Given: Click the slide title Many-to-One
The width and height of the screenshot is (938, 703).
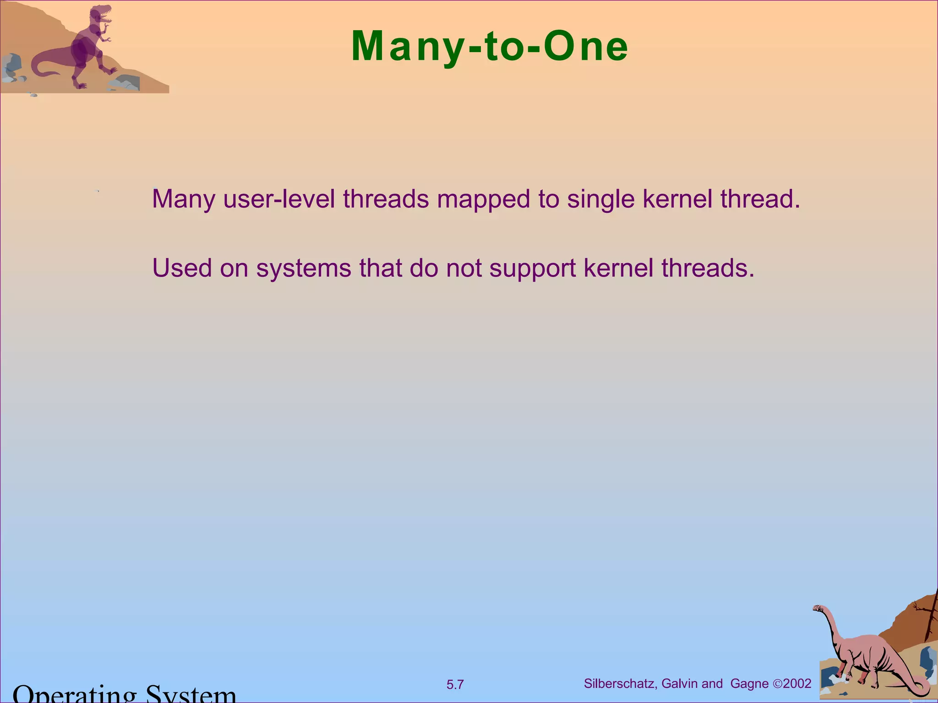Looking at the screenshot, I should (x=490, y=47).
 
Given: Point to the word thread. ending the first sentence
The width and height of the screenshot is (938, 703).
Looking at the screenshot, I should (x=760, y=199).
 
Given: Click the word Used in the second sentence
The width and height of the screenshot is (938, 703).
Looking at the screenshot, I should (x=182, y=268).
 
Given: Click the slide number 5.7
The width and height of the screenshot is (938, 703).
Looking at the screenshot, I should (x=455, y=685).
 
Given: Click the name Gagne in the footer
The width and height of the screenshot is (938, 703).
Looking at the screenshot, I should (x=749, y=684).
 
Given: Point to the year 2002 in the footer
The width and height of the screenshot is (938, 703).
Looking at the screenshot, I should (x=797, y=684).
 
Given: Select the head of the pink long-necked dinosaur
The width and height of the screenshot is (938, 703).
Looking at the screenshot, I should (x=818, y=609).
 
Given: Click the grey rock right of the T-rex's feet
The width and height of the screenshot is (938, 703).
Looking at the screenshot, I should (x=126, y=83).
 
